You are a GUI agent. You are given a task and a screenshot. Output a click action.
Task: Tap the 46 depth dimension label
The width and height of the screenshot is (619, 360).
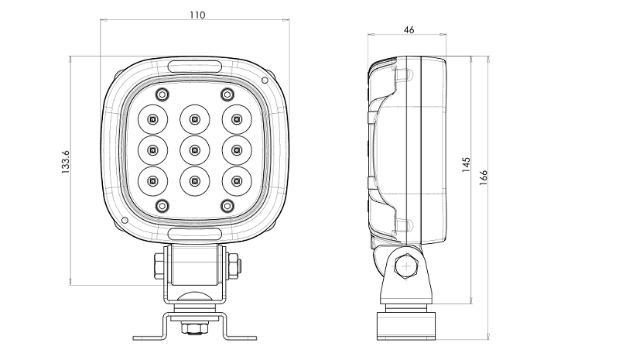pos(409,29)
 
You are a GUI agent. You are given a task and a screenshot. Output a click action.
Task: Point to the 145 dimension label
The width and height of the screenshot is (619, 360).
pos(466,166)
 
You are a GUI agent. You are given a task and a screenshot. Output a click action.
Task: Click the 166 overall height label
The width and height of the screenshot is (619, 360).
pos(484,177)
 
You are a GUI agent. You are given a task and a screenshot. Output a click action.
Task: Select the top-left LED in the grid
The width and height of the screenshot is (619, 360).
pos(152,119)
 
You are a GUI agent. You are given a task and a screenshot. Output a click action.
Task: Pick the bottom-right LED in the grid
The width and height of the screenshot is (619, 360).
pos(236,180)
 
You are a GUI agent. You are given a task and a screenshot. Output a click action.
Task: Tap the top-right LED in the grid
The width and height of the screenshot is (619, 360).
pos(236,119)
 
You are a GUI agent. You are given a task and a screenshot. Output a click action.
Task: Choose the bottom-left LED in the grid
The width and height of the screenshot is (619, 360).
pos(152,180)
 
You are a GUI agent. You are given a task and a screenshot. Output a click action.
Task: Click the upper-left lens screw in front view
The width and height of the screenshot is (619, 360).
pos(162,94)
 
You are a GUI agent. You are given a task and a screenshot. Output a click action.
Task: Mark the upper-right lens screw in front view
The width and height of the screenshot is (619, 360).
pos(227,94)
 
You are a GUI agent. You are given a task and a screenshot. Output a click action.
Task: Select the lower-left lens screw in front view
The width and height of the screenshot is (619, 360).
pos(162,205)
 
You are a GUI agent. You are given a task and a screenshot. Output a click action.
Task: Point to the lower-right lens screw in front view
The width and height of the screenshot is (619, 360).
pos(227,205)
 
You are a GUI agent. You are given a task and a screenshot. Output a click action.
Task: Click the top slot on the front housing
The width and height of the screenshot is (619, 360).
pos(194,66)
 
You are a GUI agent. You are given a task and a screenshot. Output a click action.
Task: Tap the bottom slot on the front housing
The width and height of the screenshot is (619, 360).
pos(194,233)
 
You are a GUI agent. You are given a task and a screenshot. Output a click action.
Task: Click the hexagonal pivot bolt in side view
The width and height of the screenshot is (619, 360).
pos(405,268)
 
